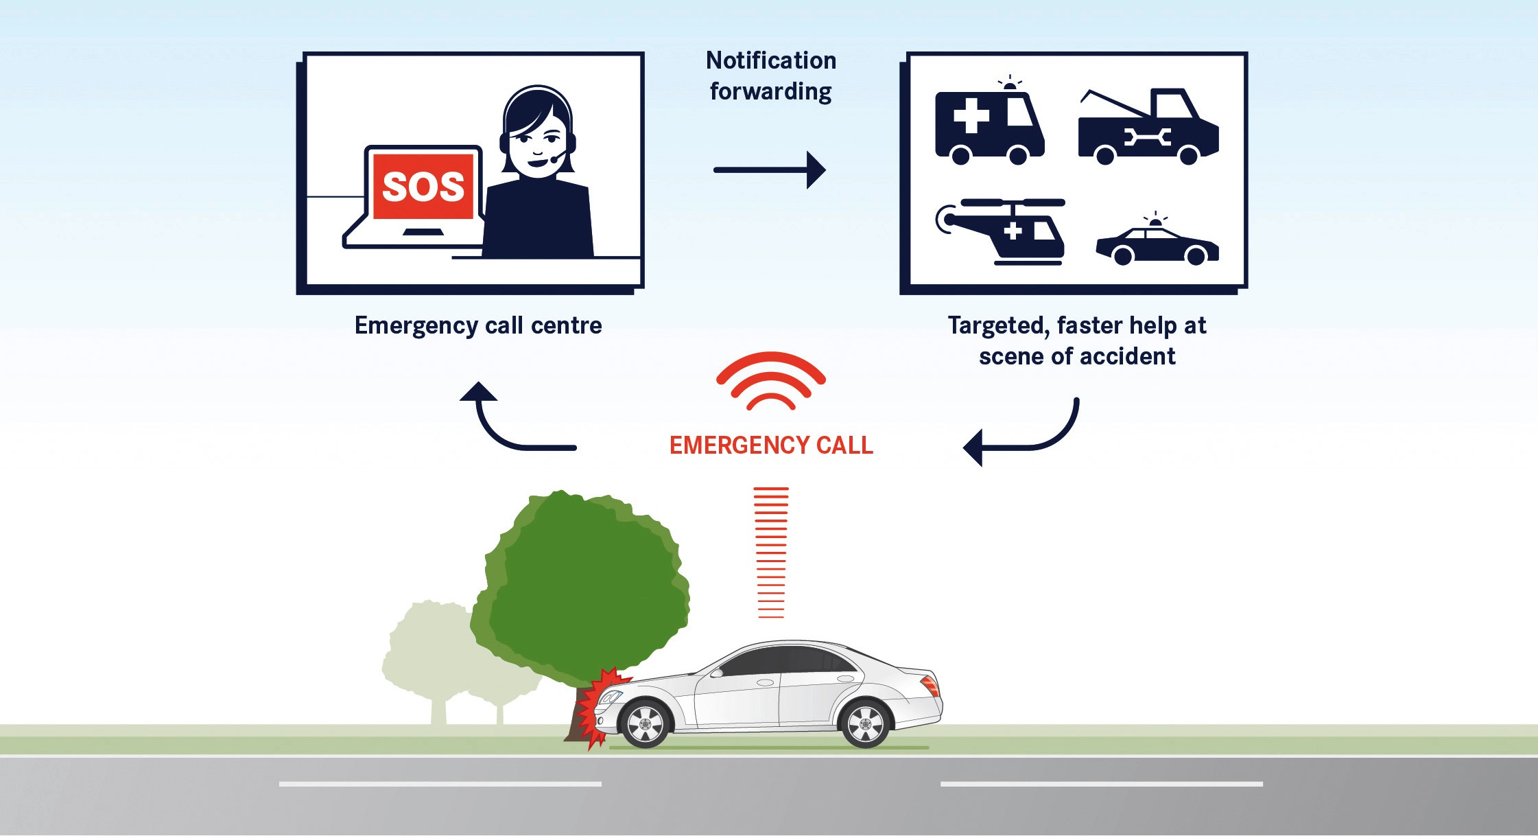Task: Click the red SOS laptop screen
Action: [x=423, y=186]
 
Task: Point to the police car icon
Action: [x=1157, y=244]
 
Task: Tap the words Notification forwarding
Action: [x=771, y=76]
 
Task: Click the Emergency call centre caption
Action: [x=478, y=325]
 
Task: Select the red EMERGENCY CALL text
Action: [x=771, y=445]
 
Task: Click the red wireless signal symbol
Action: [x=771, y=381]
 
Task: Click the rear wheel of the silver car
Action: [x=866, y=723]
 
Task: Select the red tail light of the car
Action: [x=931, y=684]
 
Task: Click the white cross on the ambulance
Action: [x=971, y=115]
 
